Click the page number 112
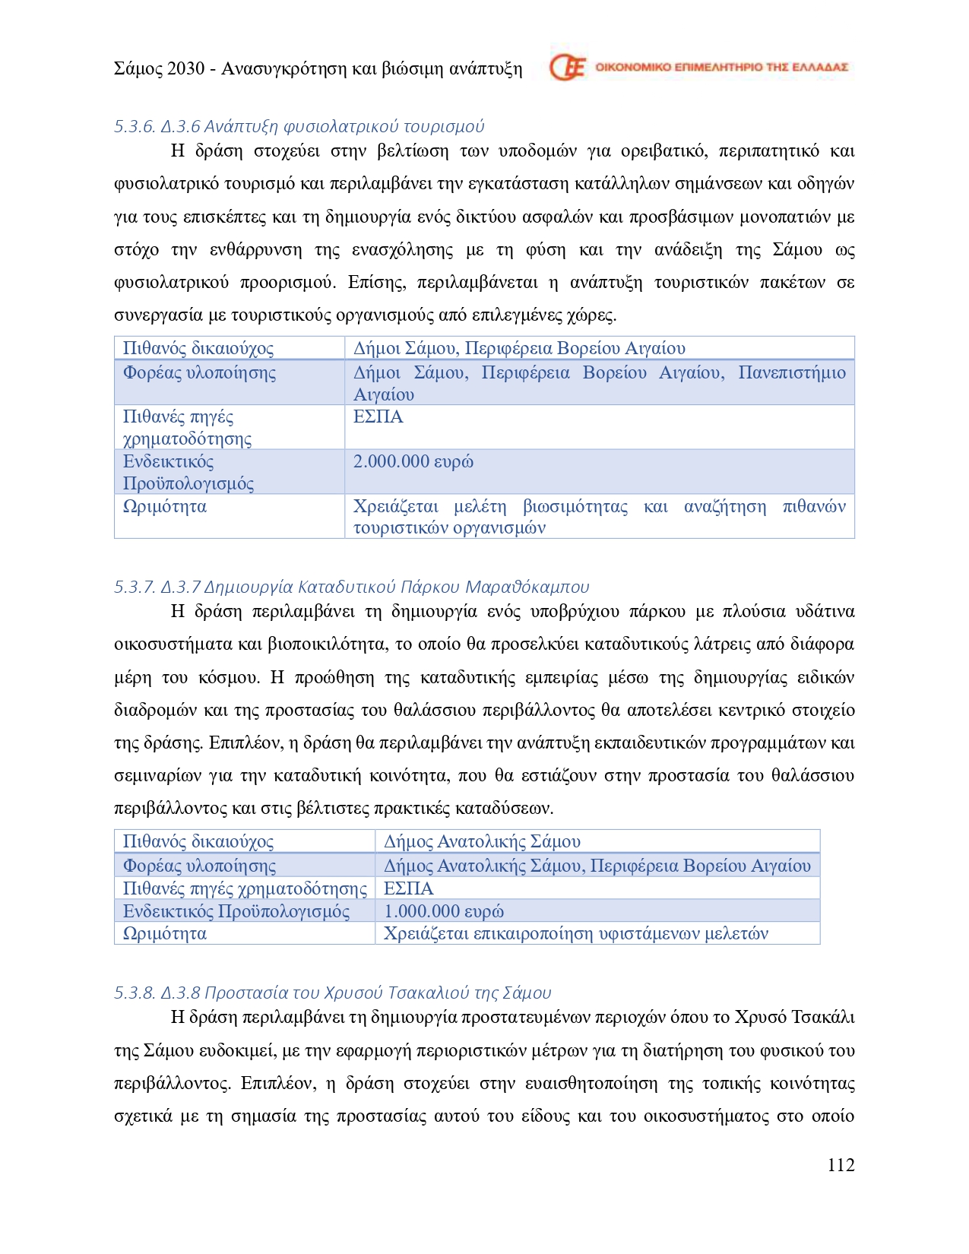pyautogui.click(x=841, y=1165)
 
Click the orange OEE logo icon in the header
pyautogui.click(x=568, y=68)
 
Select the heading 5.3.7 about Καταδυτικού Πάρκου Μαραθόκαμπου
pyautogui.click(x=351, y=587)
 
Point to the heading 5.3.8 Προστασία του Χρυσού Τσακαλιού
pyautogui.click(x=332, y=993)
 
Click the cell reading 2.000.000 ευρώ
pyautogui.click(x=413, y=461)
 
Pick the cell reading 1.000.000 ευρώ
pyautogui.click(x=443, y=910)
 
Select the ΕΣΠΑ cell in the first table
pyautogui.click(x=378, y=416)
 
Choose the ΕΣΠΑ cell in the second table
pyautogui.click(x=408, y=888)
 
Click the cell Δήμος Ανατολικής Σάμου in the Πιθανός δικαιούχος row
pyautogui.click(x=482, y=841)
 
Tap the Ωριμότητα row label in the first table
pyautogui.click(x=164, y=506)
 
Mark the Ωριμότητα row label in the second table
pyautogui.click(x=164, y=933)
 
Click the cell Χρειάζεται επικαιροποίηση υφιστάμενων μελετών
pyautogui.click(x=575, y=933)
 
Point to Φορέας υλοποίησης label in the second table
pyautogui.click(x=199, y=866)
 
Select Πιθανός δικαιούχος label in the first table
pyautogui.click(x=198, y=348)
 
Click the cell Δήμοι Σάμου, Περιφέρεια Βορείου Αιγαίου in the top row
pyautogui.click(x=519, y=348)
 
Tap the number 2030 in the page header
pyautogui.click(x=185, y=68)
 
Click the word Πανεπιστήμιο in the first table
pyautogui.click(x=791, y=372)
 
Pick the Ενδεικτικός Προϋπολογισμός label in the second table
pyautogui.click(x=236, y=910)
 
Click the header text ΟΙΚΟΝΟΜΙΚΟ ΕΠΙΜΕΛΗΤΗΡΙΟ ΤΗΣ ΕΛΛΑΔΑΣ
pyautogui.click(x=720, y=67)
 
